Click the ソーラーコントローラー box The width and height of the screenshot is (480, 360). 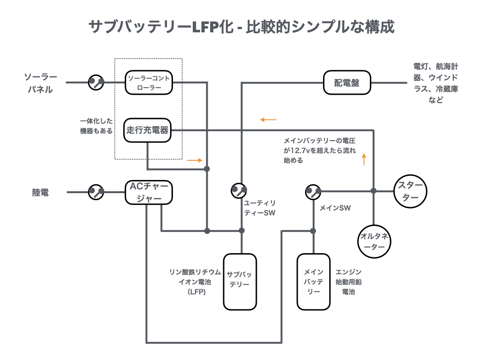pos(149,82)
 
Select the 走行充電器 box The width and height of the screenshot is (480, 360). pos(148,130)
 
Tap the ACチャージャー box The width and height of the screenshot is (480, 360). pos(149,192)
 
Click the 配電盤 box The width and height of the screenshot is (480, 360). pos(347,83)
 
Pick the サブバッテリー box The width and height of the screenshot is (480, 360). pos(240,282)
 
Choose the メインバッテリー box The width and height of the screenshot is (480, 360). pos(314,282)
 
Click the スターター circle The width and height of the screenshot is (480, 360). pos(411,191)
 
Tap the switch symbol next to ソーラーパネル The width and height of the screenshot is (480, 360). pos(96,82)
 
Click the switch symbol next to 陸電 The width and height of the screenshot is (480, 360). pos(96,192)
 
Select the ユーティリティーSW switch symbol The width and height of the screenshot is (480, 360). pos(239,191)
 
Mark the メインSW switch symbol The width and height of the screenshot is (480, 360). pos(313,191)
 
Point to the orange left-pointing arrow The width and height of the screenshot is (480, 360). pos(269,120)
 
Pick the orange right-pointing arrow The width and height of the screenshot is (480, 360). pos(195,160)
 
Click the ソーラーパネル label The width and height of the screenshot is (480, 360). pos(40,83)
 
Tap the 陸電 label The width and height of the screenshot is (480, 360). pos(41,192)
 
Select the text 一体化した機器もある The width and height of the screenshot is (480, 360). pos(96,126)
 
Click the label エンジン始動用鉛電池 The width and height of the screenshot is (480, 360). pos(348,282)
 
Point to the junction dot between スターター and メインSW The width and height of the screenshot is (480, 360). pos(374,191)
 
